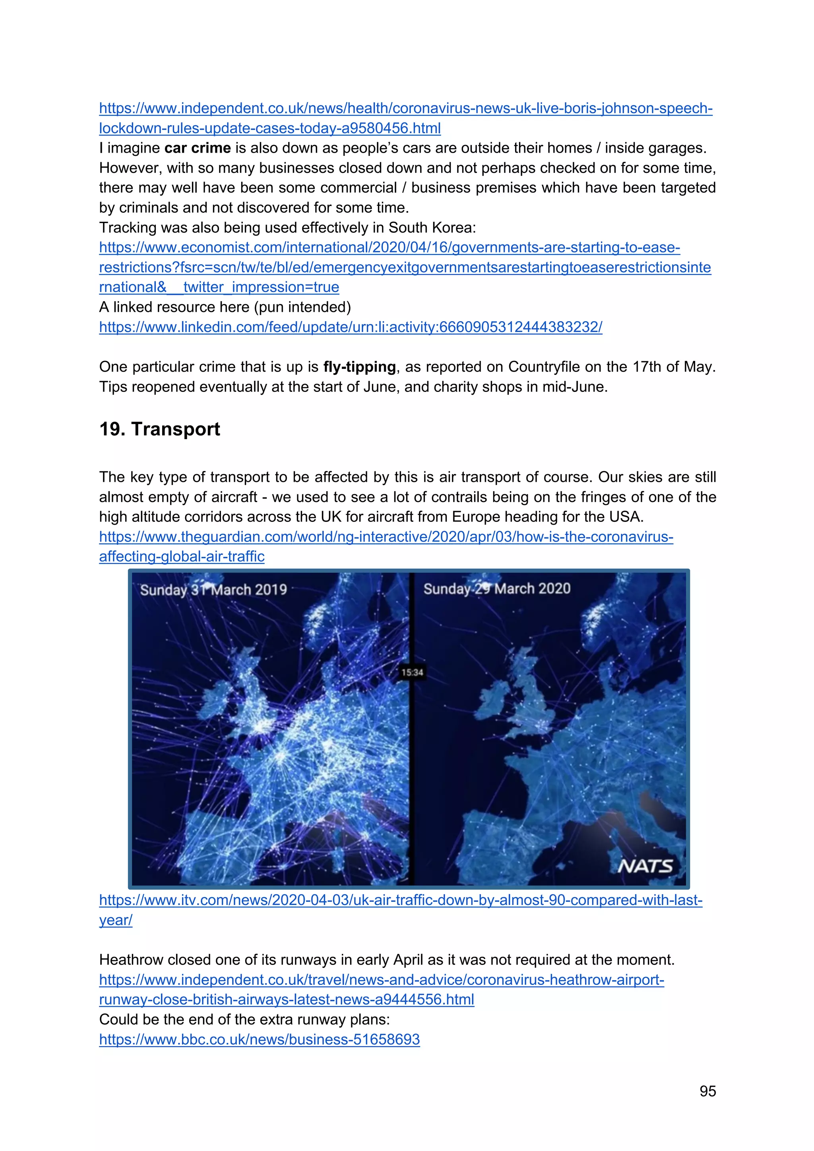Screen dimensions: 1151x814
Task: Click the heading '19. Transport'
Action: pyautogui.click(x=159, y=430)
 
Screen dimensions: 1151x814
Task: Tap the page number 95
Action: pyautogui.click(x=707, y=1091)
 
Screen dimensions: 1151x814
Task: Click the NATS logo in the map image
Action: pyautogui.click(x=645, y=866)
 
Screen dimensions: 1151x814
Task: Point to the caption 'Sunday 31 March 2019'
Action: pyautogui.click(x=213, y=589)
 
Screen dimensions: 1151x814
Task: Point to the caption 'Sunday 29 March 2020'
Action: pyautogui.click(x=497, y=589)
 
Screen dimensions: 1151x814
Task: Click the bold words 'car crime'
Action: pyautogui.click(x=198, y=148)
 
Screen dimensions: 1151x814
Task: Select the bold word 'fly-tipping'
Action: pyautogui.click(x=359, y=367)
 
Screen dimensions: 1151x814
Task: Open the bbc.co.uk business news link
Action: pyautogui.click(x=259, y=1039)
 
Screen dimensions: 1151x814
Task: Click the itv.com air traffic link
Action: pyautogui.click(x=401, y=900)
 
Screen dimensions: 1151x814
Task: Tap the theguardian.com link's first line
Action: pyautogui.click(x=386, y=537)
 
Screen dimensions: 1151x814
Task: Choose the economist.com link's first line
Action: pyautogui.click(x=390, y=248)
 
